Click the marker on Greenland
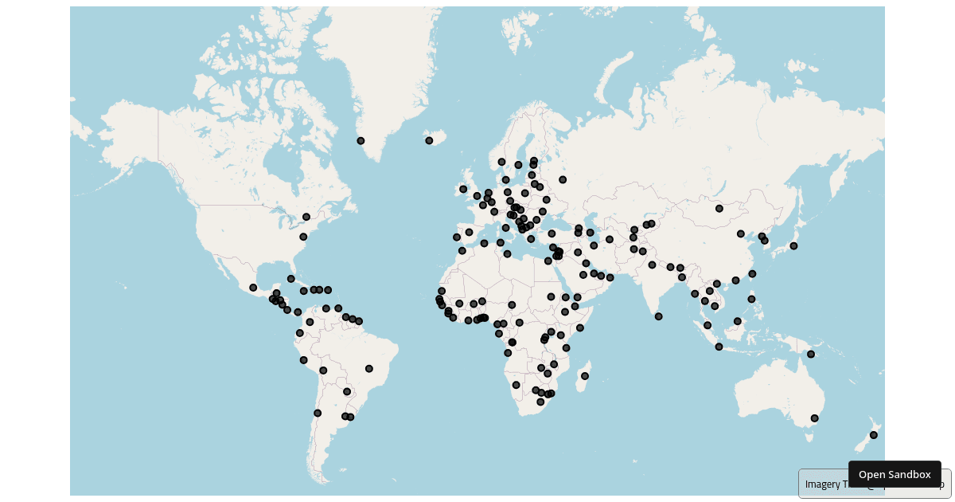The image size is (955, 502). point(361,141)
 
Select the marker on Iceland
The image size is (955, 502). point(429,140)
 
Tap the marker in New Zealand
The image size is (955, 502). point(873,435)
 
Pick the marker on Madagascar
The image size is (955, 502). point(585,376)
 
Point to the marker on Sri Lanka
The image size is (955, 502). point(658,316)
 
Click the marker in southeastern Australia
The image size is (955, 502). point(814,418)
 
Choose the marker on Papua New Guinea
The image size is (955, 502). point(811,355)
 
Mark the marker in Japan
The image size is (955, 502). point(793,245)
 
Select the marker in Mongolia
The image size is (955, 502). point(719,209)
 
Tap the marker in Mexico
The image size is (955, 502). point(253,288)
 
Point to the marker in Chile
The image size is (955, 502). point(317,413)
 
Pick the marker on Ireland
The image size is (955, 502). point(462,189)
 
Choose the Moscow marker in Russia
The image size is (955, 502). point(563,179)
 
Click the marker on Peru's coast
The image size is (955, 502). point(303,360)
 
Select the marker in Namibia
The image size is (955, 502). point(516,385)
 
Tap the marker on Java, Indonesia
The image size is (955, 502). point(719,347)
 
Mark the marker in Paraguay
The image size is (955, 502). point(346,391)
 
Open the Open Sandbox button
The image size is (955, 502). point(894,474)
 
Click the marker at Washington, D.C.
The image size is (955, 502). point(302,237)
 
